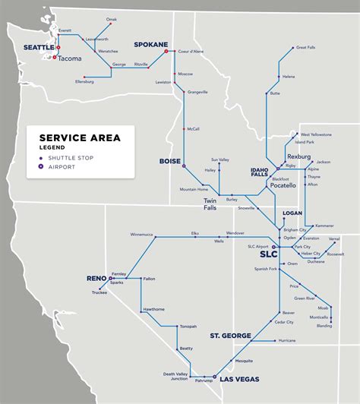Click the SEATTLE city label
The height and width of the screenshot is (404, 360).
click(x=39, y=47)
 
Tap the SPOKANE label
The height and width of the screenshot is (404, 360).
click(x=150, y=45)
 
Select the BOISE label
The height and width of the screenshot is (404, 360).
click(x=169, y=161)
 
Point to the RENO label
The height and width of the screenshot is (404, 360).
click(x=97, y=279)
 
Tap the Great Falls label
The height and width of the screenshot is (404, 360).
click(x=307, y=47)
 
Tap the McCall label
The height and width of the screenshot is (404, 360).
click(x=193, y=128)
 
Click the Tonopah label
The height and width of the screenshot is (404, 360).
click(x=188, y=327)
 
